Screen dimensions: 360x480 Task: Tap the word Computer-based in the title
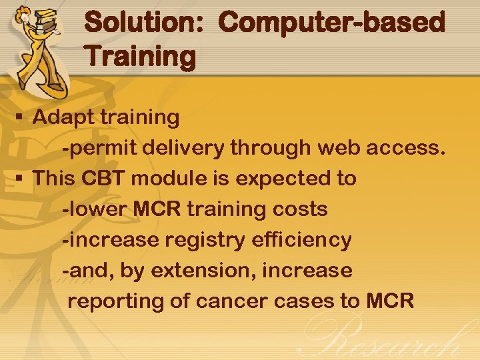coord(331,22)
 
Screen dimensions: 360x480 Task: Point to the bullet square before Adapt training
coord(19,118)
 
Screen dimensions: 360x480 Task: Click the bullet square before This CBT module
coord(19,179)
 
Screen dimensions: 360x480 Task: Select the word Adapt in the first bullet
coord(64,117)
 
